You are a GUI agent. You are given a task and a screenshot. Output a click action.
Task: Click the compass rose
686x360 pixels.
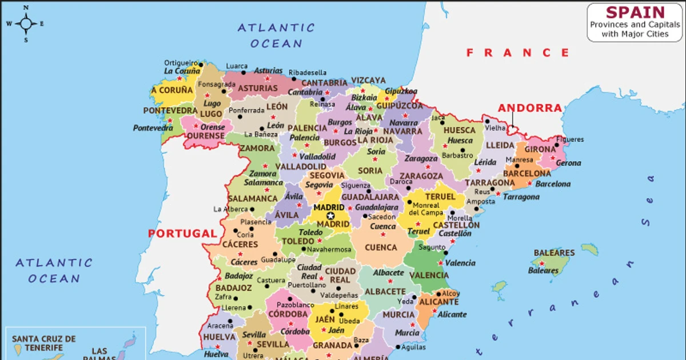(26, 23)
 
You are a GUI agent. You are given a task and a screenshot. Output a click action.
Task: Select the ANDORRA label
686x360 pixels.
(529, 107)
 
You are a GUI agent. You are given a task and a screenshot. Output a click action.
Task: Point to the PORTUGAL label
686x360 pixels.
(182, 233)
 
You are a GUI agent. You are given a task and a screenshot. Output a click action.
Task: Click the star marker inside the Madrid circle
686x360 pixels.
(330, 215)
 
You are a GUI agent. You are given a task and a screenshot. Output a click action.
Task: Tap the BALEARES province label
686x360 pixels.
(554, 253)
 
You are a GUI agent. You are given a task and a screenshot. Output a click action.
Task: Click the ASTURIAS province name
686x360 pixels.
(258, 89)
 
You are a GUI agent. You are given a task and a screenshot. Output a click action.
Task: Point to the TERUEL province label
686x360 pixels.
(440, 196)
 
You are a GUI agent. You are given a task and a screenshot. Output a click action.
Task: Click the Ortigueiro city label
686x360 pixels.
(181, 63)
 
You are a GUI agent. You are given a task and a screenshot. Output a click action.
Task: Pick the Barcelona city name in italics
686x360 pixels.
(552, 184)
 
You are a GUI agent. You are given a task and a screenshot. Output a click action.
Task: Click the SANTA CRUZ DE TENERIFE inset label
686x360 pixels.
(43, 343)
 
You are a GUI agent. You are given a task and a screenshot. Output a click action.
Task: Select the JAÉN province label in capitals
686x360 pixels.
(324, 319)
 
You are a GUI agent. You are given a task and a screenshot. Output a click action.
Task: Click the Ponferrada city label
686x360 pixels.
(246, 110)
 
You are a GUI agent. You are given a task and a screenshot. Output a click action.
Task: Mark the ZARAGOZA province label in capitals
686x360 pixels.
(421, 176)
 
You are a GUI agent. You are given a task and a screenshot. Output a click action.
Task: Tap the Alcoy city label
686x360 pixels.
(450, 293)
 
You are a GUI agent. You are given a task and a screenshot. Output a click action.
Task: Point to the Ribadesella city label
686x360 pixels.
(307, 73)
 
